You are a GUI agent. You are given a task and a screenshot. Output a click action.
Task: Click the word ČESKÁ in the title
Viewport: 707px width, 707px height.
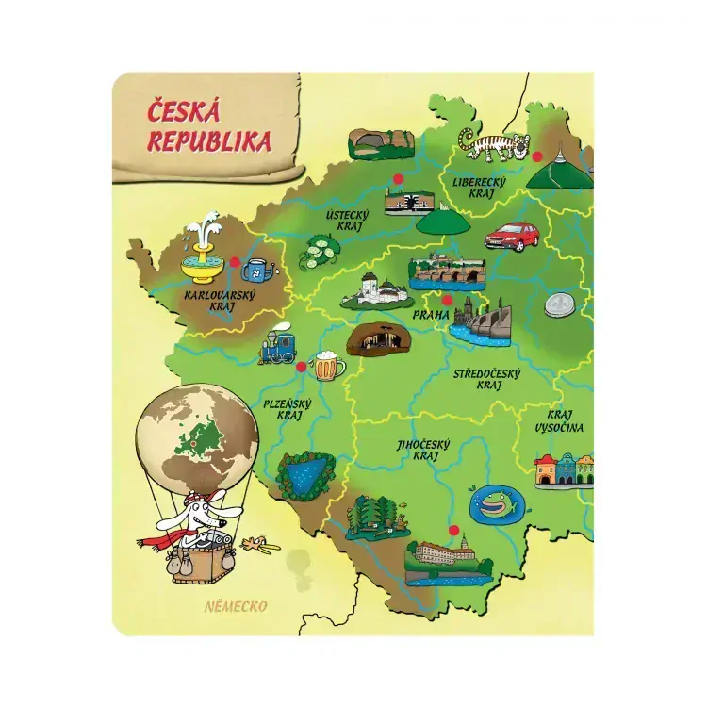point(184,112)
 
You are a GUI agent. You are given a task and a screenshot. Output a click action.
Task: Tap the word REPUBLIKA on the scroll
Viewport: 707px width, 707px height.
point(209,141)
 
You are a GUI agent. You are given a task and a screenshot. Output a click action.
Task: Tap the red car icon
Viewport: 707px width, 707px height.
point(511,237)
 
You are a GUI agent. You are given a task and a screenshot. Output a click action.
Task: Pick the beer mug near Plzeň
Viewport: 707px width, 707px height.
point(327,365)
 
